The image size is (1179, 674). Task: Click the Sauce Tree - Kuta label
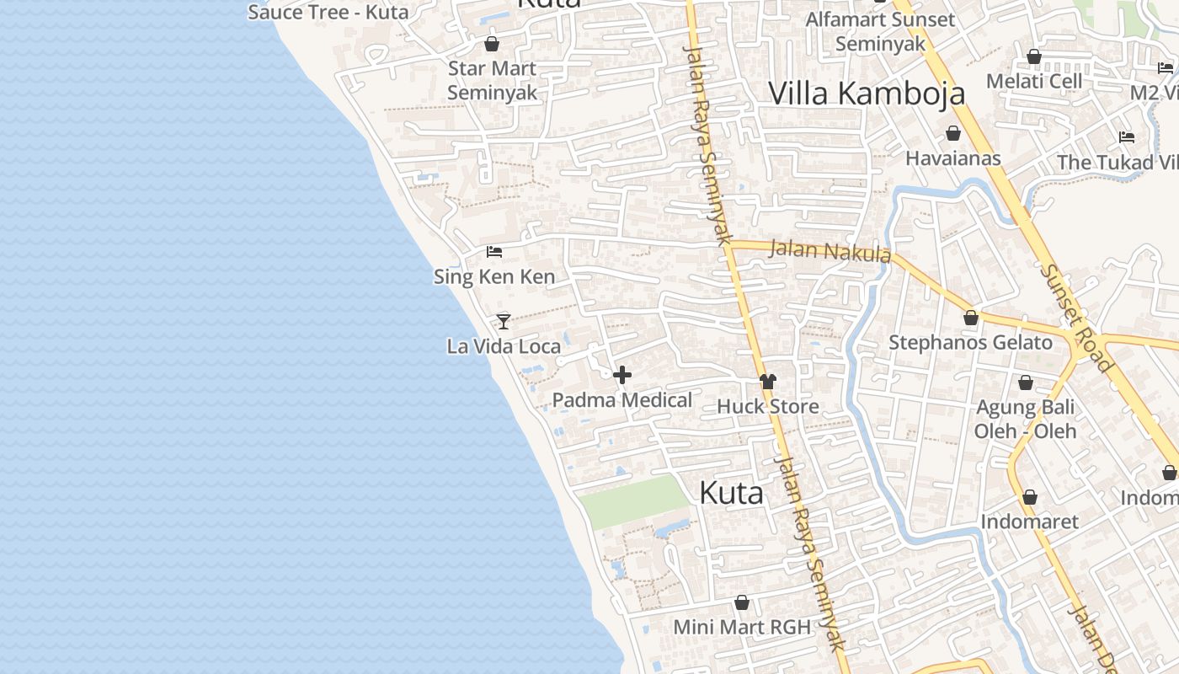point(328,12)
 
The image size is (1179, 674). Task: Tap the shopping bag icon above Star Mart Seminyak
point(492,44)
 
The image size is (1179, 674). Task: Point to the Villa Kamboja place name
point(867,93)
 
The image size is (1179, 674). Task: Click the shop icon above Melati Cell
point(1034,56)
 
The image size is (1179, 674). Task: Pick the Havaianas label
point(952,158)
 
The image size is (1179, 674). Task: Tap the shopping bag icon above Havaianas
point(953,133)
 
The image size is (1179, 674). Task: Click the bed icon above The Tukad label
point(1127,136)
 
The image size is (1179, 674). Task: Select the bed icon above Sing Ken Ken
point(494,251)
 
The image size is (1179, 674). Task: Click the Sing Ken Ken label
point(494,276)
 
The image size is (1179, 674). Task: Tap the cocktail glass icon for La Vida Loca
point(504,321)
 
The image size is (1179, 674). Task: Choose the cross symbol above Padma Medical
point(622,375)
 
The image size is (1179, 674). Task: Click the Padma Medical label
point(622,400)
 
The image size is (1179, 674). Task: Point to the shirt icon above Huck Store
point(767,382)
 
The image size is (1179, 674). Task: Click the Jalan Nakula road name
point(830,251)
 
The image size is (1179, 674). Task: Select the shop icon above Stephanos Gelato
point(971,318)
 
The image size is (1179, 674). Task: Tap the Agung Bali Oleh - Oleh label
point(1025,420)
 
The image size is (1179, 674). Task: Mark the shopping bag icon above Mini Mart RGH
point(742,602)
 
